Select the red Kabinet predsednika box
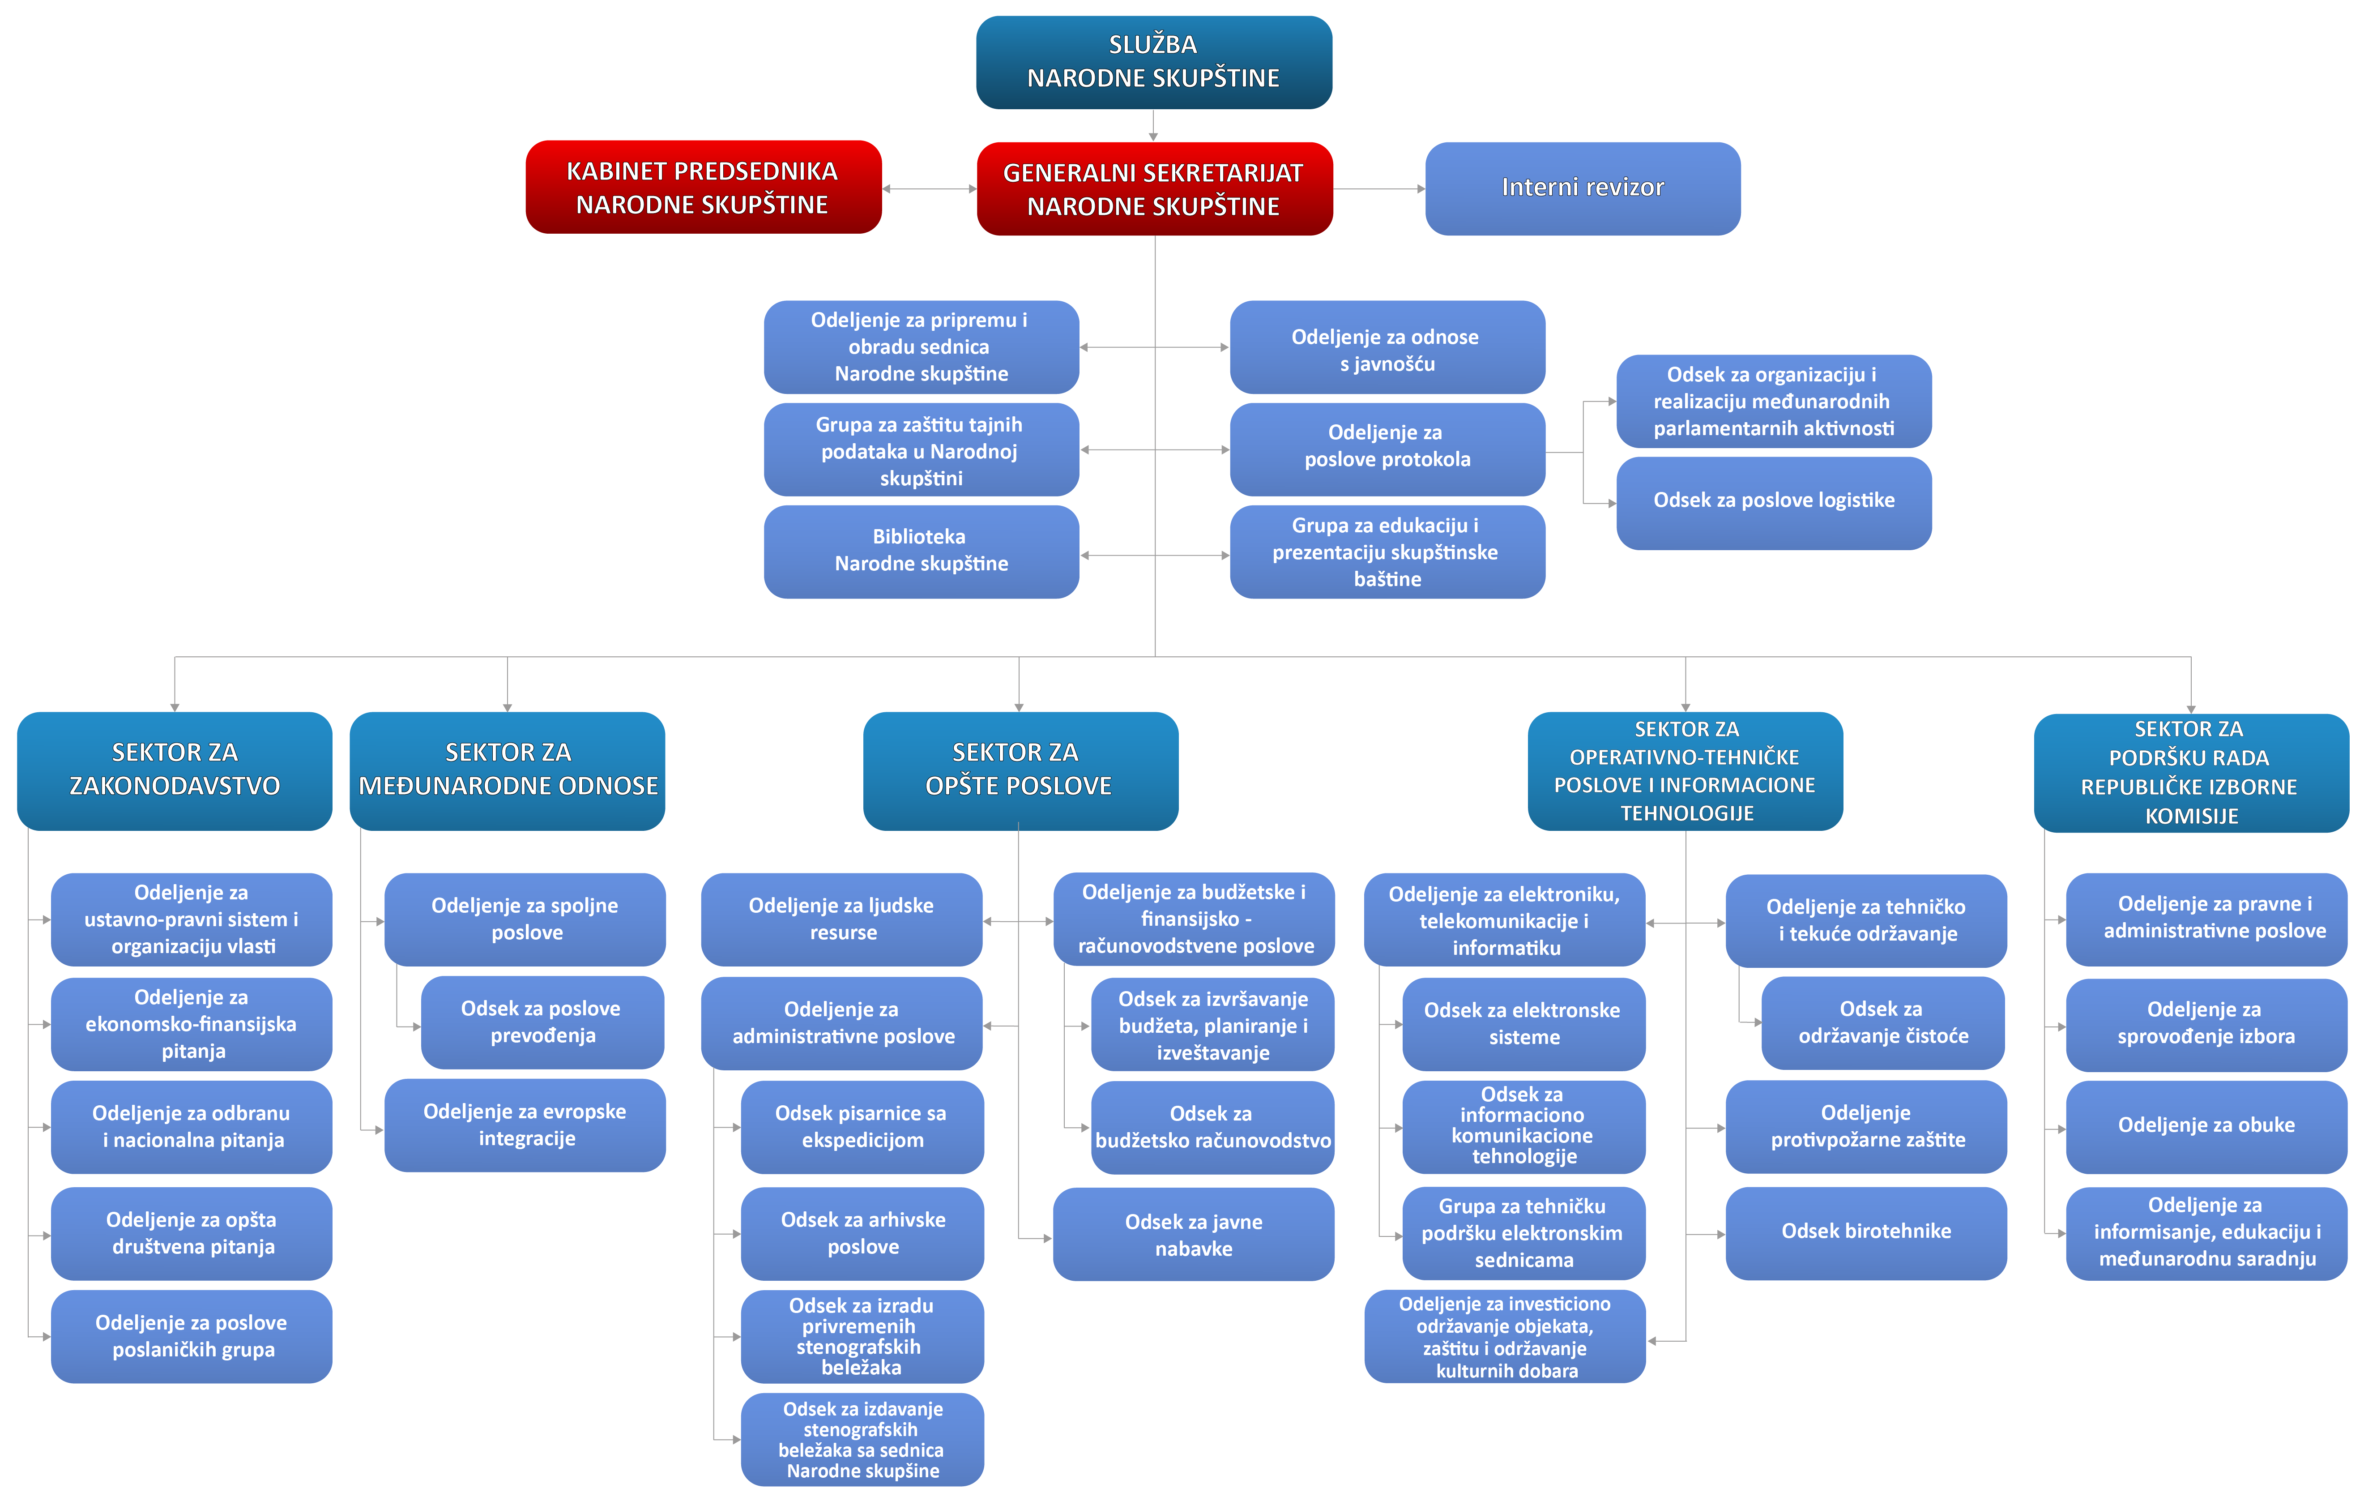pos(703,188)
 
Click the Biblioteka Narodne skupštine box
pos(921,551)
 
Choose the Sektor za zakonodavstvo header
pos(175,770)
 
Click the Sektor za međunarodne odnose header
pos(508,770)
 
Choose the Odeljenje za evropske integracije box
pos(525,1125)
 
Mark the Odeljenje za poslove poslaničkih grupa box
pos(192,1336)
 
